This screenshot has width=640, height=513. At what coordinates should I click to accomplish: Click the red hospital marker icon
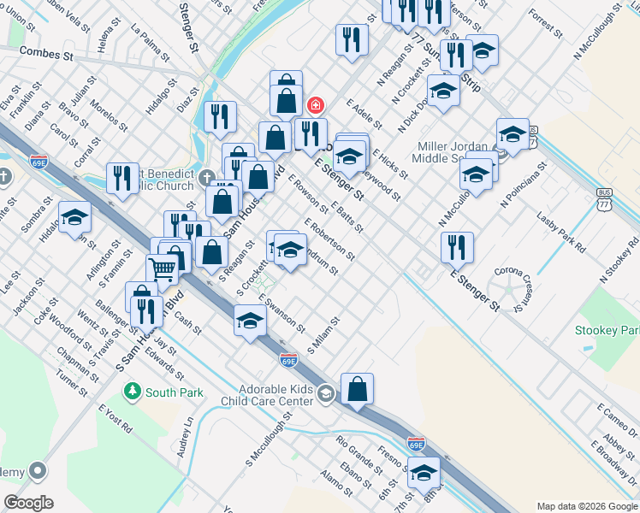[315, 105]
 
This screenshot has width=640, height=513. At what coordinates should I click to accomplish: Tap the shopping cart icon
[162, 269]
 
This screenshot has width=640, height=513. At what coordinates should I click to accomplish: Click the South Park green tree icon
[132, 392]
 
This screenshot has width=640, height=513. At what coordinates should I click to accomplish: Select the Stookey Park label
[607, 329]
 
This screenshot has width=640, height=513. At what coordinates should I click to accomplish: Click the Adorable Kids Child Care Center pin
[324, 394]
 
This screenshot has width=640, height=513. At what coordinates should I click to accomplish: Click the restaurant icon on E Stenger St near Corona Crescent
[457, 247]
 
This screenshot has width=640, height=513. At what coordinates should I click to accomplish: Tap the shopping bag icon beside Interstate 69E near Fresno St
[357, 389]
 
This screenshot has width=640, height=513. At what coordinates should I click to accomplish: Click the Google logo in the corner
[28, 503]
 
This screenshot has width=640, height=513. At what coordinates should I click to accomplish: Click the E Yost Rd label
[116, 417]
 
